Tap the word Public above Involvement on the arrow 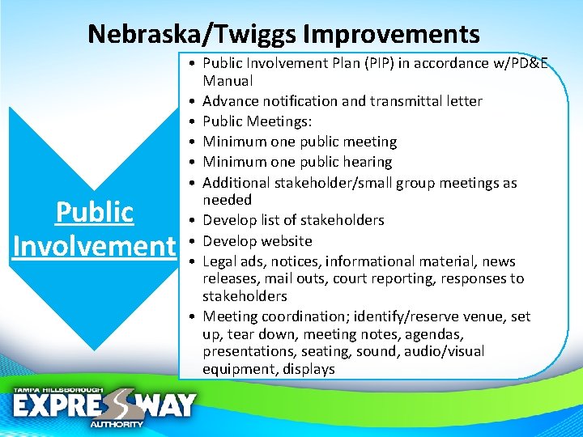[94, 212]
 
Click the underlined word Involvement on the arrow [94, 245]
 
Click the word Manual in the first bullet [228, 81]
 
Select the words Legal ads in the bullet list [234, 261]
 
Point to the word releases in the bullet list [230, 279]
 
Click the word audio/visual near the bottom [445, 351]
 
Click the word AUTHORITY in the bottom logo [116, 424]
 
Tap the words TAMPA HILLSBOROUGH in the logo [57, 390]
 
